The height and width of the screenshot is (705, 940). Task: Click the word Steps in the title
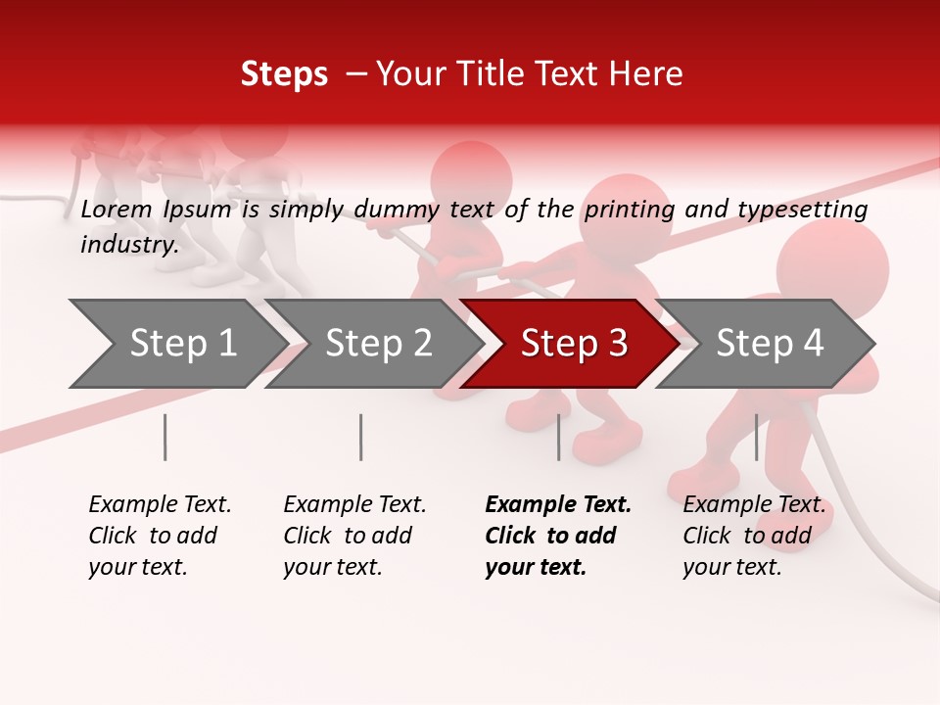284,74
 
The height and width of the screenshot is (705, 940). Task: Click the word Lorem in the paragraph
116,209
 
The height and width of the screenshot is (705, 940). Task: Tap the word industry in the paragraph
128,245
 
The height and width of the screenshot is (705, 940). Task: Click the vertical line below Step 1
165,437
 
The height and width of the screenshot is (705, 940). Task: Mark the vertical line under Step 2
361,437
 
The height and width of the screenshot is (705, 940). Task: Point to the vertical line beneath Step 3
558,437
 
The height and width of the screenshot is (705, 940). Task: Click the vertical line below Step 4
756,437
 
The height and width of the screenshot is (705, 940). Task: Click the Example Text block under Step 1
160,536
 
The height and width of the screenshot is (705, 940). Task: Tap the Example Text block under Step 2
354,536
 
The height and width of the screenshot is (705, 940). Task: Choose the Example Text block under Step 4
754,536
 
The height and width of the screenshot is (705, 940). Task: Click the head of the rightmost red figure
832,266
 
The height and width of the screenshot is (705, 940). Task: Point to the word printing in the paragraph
629,210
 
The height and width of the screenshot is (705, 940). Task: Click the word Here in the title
649,74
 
